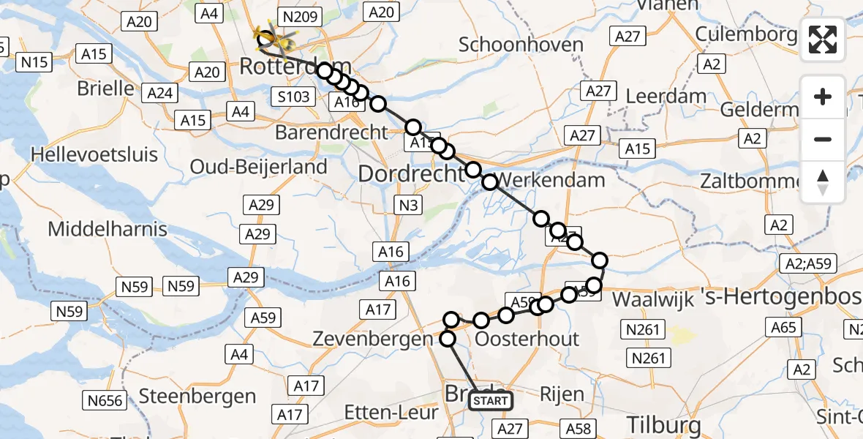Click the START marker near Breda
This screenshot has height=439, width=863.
[x=490, y=401]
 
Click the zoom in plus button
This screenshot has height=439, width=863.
[x=823, y=97]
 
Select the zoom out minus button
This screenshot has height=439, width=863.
[x=823, y=139]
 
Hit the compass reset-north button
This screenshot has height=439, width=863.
[x=823, y=181]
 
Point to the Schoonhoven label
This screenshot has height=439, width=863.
[x=521, y=45]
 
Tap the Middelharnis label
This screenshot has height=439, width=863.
[x=108, y=229]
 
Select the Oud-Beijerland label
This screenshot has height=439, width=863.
[x=258, y=167]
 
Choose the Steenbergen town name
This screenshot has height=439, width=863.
[x=197, y=397]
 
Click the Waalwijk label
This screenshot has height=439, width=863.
[x=652, y=299]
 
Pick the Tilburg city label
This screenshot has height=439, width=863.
[x=664, y=424]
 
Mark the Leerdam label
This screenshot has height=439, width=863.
[x=667, y=96]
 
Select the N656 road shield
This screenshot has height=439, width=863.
[x=105, y=400]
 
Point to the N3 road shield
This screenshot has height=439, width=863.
[x=409, y=206]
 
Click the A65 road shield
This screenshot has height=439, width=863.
[x=783, y=327]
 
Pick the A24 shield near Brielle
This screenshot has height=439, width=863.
[x=159, y=93]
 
